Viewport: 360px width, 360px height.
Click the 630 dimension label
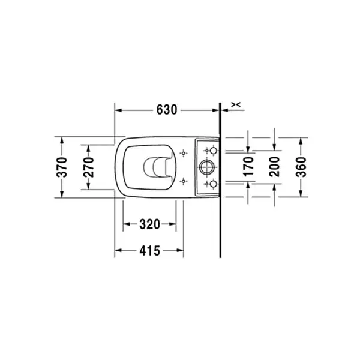coord(167,110)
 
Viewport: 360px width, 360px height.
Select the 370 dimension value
coord(62,167)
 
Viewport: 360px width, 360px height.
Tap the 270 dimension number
coord(89,167)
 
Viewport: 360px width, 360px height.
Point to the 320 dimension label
coord(149,224)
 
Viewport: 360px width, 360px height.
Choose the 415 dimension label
coord(149,250)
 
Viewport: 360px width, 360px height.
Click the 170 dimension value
coord(248,167)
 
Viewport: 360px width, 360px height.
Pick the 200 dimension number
coord(274,167)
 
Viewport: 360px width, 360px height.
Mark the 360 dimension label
coord(301,167)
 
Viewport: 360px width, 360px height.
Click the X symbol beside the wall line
coord(236,104)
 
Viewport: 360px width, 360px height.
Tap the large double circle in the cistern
coord(206,167)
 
